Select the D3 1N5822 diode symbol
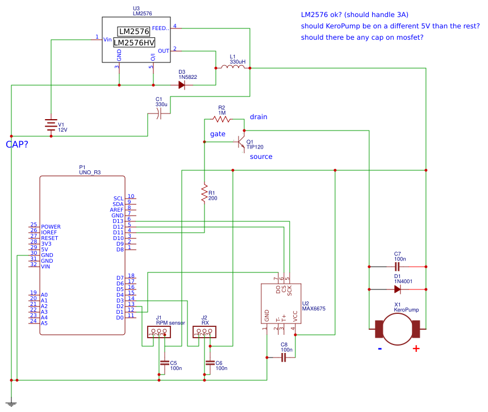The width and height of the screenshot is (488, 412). (x=182, y=85)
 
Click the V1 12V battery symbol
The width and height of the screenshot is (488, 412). (x=51, y=125)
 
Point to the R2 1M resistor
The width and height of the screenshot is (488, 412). (x=221, y=119)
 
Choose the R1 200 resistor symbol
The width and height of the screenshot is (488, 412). (x=204, y=193)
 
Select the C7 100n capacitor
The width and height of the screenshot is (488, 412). (x=398, y=266)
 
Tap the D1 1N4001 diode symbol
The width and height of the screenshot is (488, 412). (x=398, y=289)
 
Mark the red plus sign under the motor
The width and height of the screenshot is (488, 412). (x=416, y=348)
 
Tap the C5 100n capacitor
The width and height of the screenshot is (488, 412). (x=165, y=363)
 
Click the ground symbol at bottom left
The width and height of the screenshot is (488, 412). (x=11, y=402)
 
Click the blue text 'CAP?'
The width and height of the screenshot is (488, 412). (x=17, y=145)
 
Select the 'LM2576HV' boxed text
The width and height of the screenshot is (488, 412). (x=134, y=43)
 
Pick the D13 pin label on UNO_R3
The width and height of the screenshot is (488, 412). (x=118, y=221)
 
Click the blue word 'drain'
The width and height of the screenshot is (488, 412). (x=258, y=117)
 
